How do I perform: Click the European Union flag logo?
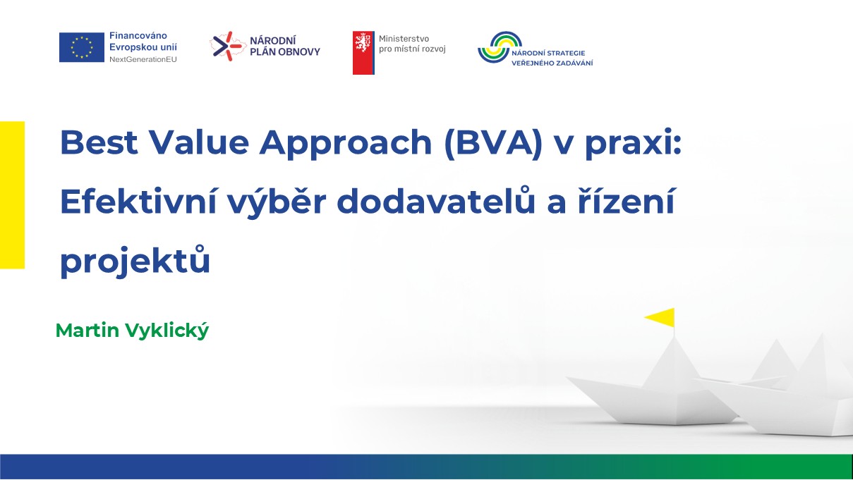click(82, 47)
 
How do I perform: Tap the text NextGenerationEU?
click(143, 59)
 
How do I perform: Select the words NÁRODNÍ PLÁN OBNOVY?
click(285, 47)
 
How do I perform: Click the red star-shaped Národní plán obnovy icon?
click(227, 46)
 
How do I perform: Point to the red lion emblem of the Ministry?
click(363, 53)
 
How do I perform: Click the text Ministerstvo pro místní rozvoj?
click(412, 44)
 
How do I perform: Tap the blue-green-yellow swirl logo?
click(499, 47)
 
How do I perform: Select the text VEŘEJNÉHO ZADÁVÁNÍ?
click(552, 63)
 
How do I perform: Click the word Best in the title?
click(99, 142)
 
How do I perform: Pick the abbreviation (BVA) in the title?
click(493, 144)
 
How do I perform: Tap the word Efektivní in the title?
click(139, 202)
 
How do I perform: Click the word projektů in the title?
click(135, 261)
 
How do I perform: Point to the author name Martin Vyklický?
click(132, 331)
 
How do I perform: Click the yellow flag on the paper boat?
click(660, 317)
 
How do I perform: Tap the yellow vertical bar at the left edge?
click(12, 195)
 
